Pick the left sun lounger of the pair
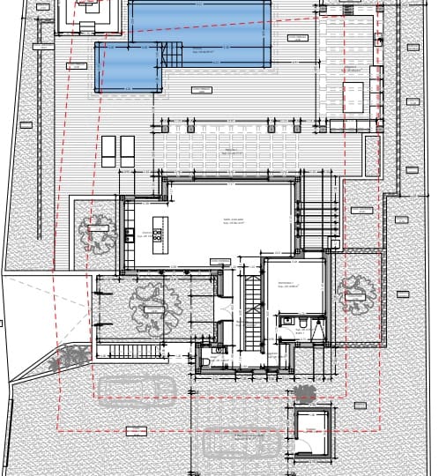point(108,151)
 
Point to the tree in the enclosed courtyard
point(156,305)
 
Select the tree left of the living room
point(97,231)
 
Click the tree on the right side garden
point(357,294)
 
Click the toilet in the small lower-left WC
point(205,360)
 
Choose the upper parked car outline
point(134,388)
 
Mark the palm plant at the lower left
point(71,357)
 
